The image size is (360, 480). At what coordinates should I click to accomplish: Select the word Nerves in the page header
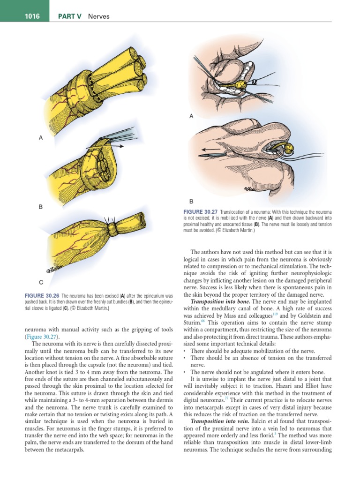click(99, 16)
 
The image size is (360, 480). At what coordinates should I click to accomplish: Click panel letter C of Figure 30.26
click(41, 282)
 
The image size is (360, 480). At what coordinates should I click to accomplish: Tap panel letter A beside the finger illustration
click(191, 117)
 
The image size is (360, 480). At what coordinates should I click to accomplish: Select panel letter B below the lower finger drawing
click(191, 201)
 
